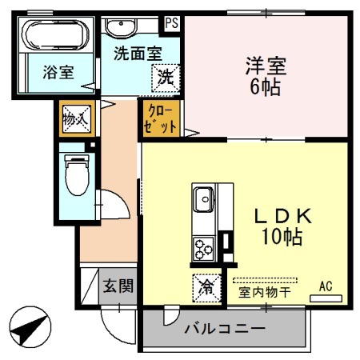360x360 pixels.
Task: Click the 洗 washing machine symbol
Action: [166, 78]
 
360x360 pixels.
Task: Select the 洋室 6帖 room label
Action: [263, 76]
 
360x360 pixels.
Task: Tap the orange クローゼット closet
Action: [156, 120]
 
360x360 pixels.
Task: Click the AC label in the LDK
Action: [326, 286]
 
